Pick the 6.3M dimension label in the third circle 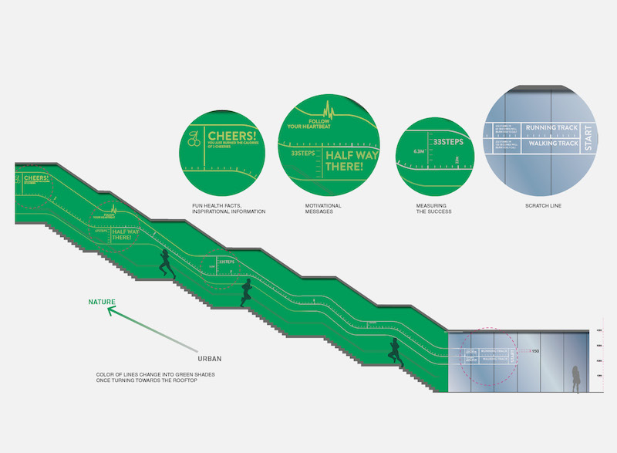[x=419, y=151]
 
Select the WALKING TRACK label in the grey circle [x=551, y=144]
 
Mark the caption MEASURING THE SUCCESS [x=433, y=208]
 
